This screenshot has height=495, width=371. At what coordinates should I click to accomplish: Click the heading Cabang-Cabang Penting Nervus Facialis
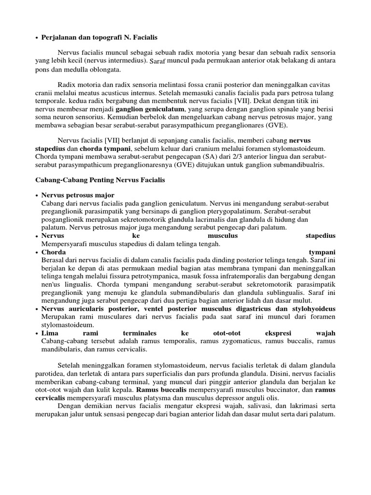(100, 180)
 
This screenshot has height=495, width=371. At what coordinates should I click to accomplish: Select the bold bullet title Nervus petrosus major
(78, 195)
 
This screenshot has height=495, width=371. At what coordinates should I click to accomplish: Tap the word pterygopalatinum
(250, 211)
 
